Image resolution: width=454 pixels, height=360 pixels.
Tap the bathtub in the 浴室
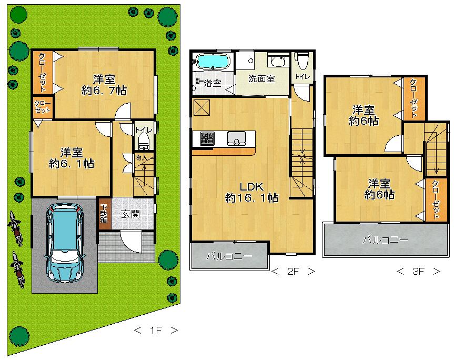tap(211, 62)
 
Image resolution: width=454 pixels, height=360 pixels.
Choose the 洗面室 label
tap(261, 78)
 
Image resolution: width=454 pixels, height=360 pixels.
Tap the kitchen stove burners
tap(207, 138)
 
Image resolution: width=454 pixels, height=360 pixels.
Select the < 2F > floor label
tap(293, 272)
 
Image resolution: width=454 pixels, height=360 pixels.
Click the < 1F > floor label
tap(156, 331)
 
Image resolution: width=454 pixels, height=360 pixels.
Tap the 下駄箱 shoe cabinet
tap(104, 213)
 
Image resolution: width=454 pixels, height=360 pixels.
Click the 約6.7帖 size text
tap(104, 90)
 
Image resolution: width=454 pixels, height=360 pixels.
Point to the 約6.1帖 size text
tap(72, 164)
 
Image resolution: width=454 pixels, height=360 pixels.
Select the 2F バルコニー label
tap(228, 256)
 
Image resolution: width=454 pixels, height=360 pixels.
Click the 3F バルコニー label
tap(385, 240)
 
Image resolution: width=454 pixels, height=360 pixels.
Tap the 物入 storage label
tap(141, 157)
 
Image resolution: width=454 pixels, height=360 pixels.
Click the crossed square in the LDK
tap(201, 107)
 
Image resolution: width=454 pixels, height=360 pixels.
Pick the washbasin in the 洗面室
tap(276, 63)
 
